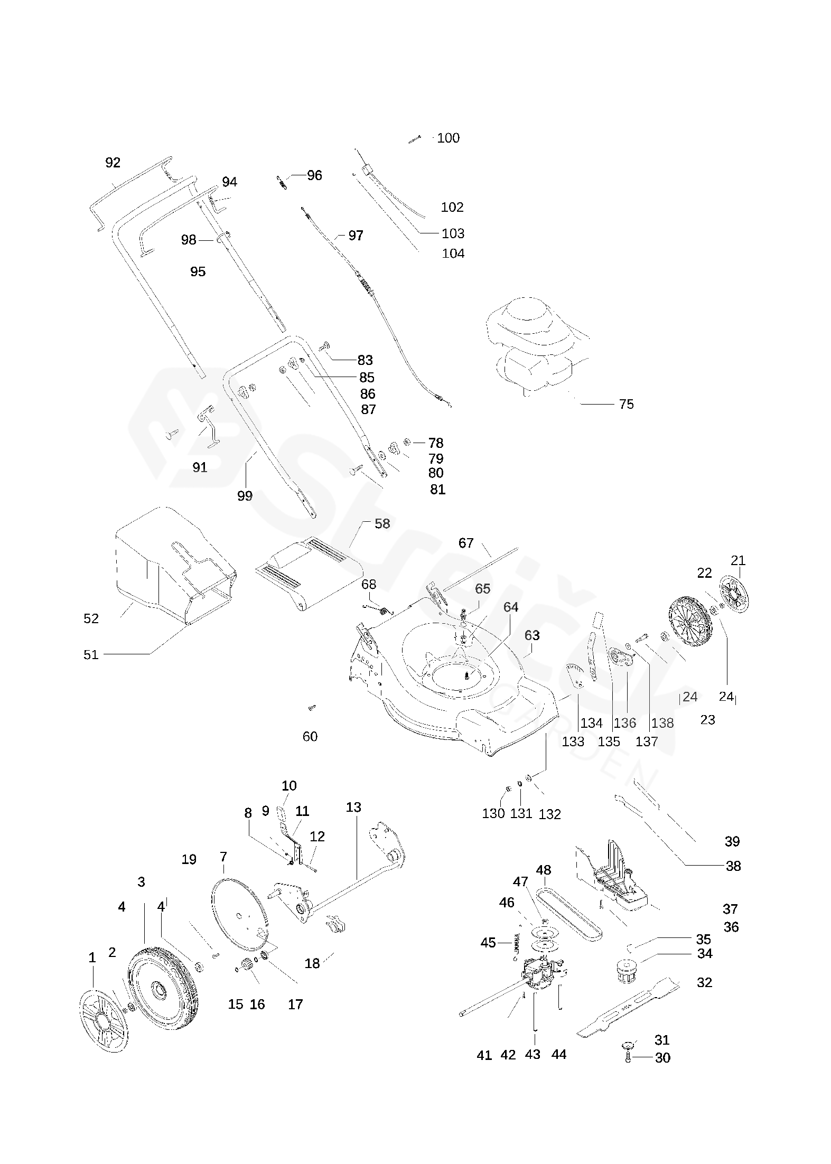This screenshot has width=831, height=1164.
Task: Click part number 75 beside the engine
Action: pos(626,404)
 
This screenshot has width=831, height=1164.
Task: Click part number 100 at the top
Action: pos(449,138)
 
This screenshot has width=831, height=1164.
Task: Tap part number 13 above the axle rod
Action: pos(353,808)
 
